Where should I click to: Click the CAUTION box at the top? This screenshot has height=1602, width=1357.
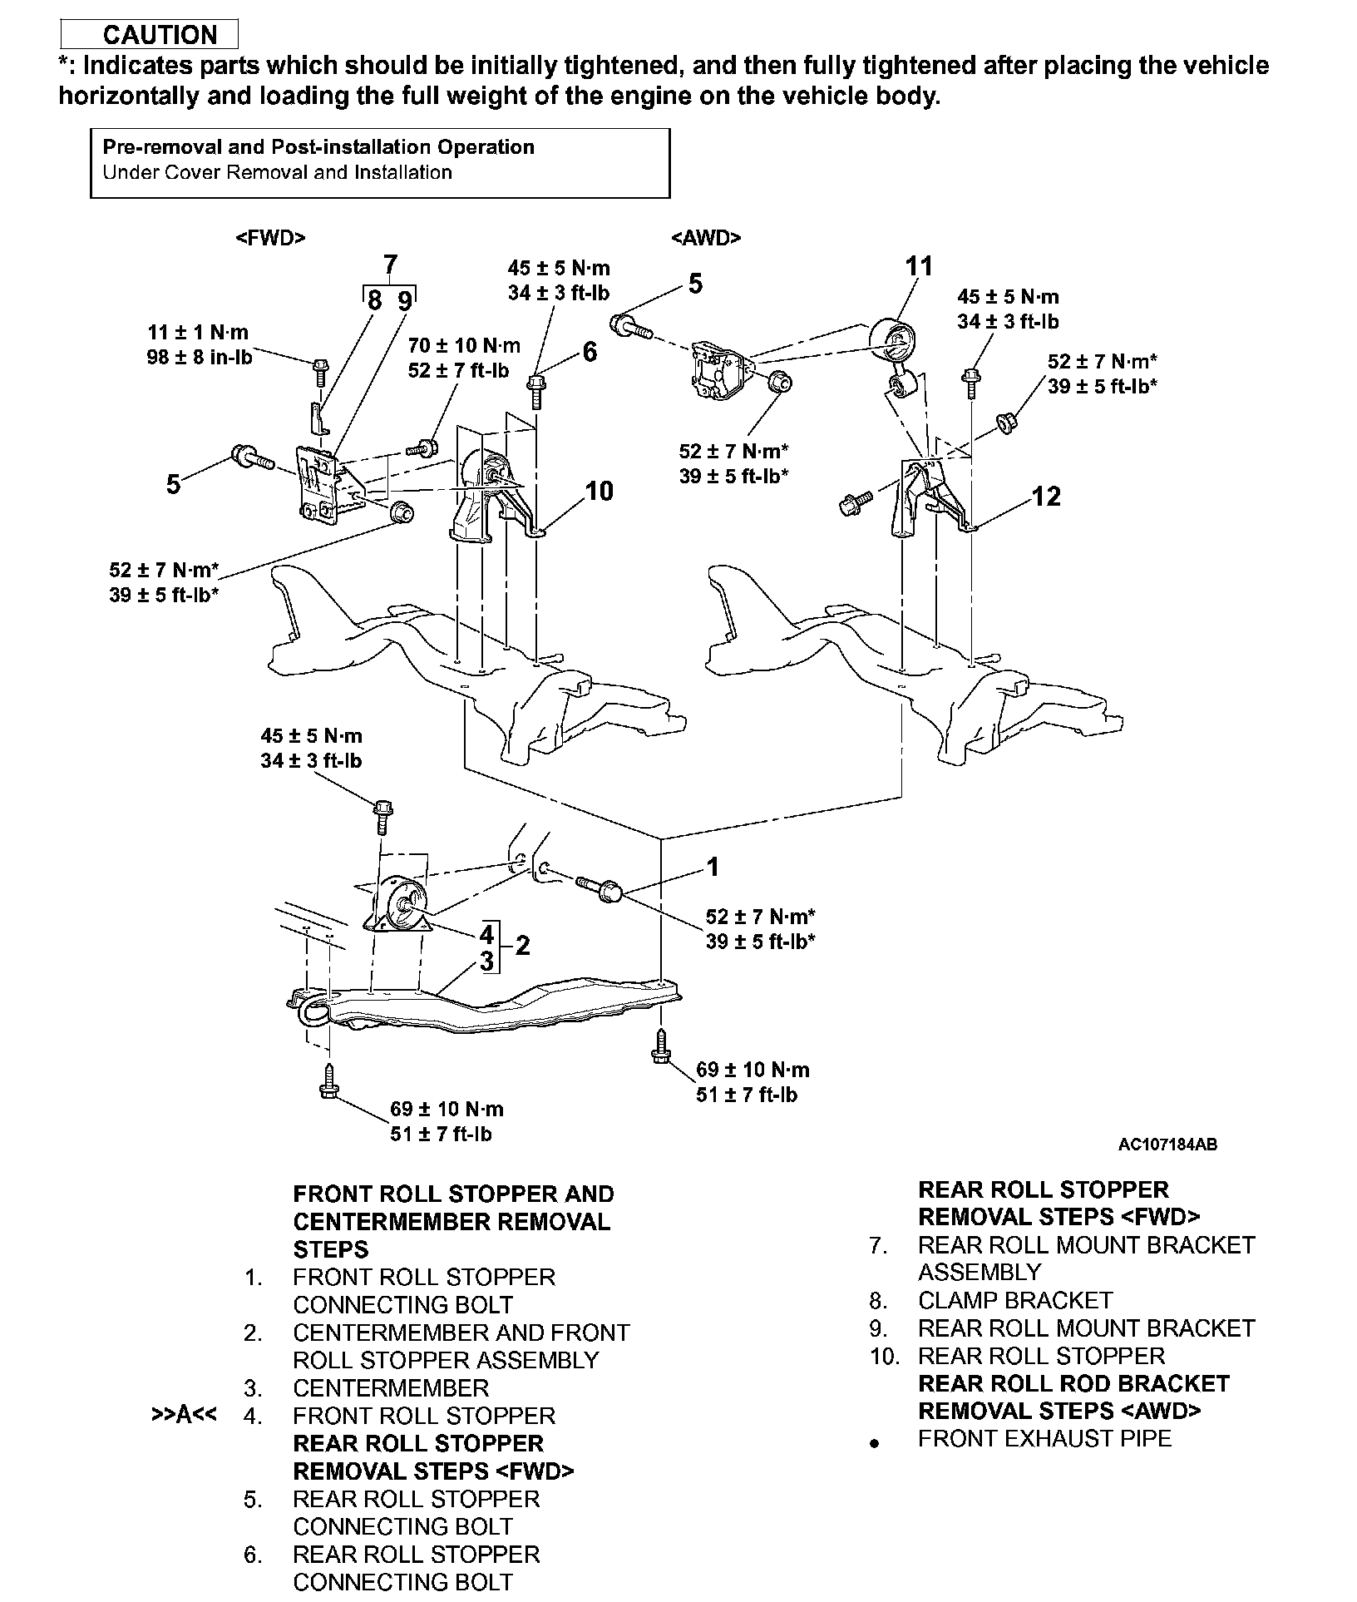pyautogui.click(x=150, y=34)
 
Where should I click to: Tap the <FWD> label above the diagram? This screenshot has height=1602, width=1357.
pyautogui.click(x=271, y=238)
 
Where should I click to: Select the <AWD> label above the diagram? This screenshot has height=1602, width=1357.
pyautogui.click(x=706, y=238)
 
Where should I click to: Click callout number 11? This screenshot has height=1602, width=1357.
pyautogui.click(x=918, y=266)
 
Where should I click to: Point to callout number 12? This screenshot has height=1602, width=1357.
pyautogui.click(x=1046, y=497)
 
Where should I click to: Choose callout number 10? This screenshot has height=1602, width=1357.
pyautogui.click(x=599, y=491)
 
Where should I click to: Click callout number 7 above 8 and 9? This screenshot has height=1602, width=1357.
pyautogui.click(x=390, y=265)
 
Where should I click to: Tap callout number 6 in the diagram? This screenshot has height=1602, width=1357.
pyautogui.click(x=590, y=352)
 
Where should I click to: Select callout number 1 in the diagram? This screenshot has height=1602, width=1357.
pyautogui.click(x=712, y=867)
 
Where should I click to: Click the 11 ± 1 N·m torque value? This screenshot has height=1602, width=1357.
pyautogui.click(x=198, y=333)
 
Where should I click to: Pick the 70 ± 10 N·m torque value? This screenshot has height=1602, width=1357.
pyautogui.click(x=464, y=345)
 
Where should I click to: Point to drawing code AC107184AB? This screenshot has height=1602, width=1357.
pyautogui.click(x=1167, y=1145)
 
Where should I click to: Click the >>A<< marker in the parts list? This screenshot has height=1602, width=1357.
pyautogui.click(x=184, y=1416)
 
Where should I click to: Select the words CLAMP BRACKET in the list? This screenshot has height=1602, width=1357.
pyautogui.click(x=1014, y=1300)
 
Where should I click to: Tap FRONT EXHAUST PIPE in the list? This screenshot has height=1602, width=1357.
pyautogui.click(x=1044, y=1438)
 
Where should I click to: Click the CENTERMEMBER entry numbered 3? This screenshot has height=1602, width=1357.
pyautogui.click(x=391, y=1388)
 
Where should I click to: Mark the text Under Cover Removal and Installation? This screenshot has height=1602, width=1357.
pyautogui.click(x=277, y=172)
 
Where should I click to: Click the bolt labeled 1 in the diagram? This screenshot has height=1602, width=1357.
pyautogui.click(x=600, y=887)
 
